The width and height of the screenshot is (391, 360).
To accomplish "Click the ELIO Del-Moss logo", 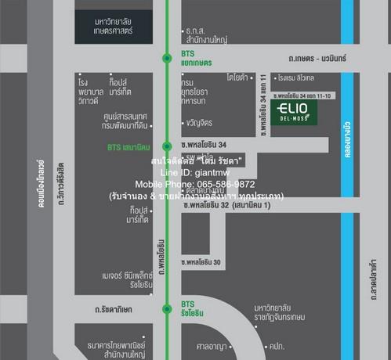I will tap(304, 111).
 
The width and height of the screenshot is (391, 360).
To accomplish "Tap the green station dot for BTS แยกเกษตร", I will tap(166, 57).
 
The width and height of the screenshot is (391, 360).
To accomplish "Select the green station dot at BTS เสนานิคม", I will tap(166, 146).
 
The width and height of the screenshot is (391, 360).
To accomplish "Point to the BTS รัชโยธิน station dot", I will tap(166, 308).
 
